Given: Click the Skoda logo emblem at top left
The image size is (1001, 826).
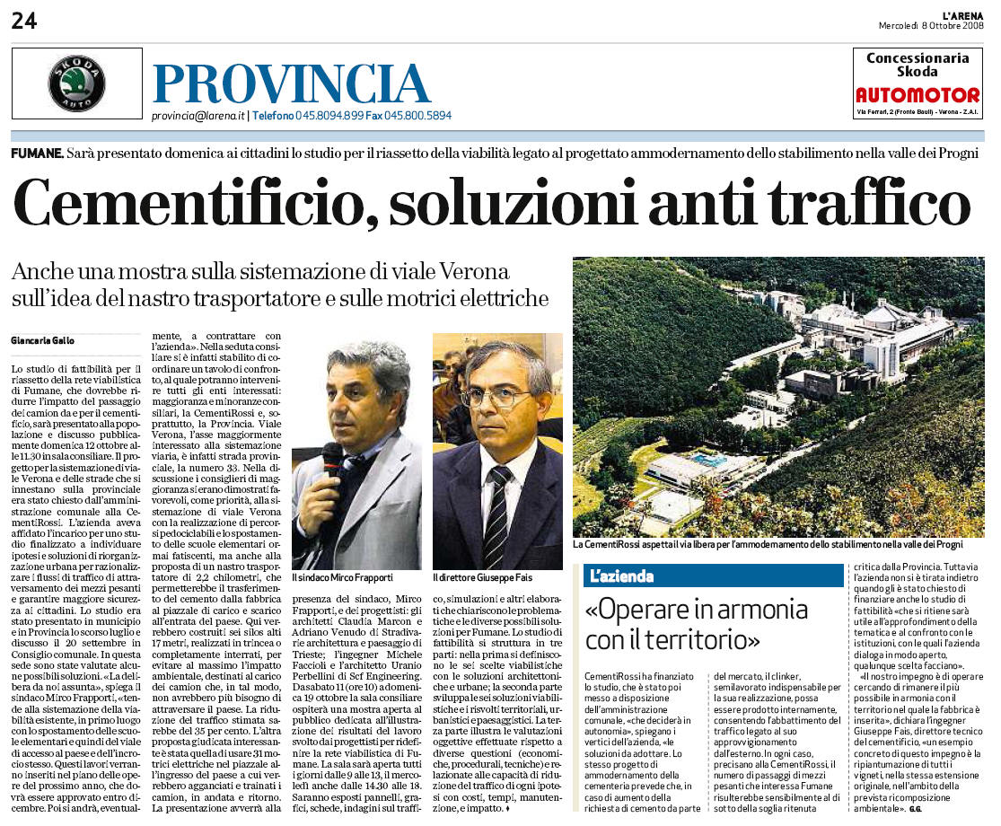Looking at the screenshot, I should [x=76, y=83].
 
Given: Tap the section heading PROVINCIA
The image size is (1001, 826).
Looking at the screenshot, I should [x=291, y=83].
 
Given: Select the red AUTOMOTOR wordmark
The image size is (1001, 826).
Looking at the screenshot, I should [x=918, y=95].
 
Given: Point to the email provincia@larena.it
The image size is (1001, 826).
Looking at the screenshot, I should [x=198, y=116].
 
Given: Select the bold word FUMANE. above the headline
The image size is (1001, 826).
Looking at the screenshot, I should [x=38, y=154].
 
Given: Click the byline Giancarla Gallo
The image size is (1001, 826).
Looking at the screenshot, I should [x=43, y=340].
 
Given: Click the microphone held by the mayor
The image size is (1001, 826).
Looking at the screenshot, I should [x=331, y=459].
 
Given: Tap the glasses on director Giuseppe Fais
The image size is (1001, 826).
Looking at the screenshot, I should [x=496, y=396].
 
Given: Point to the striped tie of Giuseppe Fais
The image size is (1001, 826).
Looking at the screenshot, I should [x=496, y=517].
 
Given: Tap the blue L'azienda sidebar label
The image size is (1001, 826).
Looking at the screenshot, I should [x=620, y=576].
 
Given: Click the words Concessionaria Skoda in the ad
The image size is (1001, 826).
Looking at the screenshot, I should [x=918, y=65].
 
